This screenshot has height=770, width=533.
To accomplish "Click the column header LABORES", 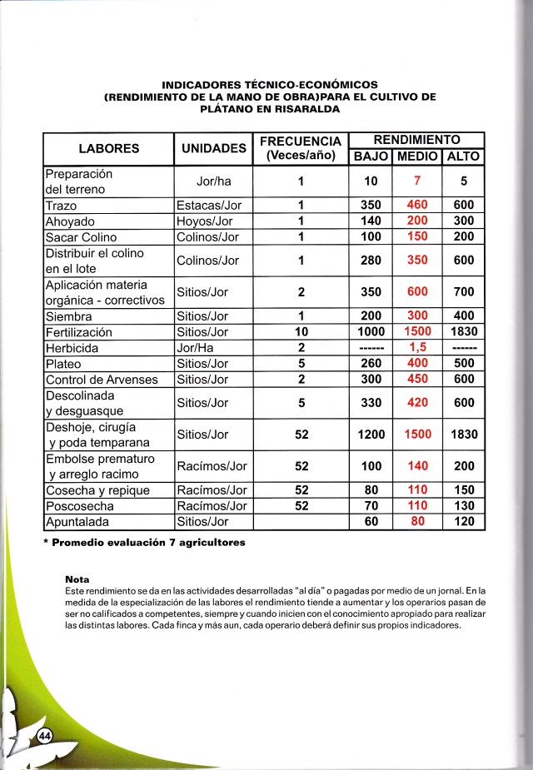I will (x=108, y=149).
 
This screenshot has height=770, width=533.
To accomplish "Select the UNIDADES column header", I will (x=213, y=149).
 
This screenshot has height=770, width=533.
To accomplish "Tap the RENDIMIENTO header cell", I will (x=416, y=140).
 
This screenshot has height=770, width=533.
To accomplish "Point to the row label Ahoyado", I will (x=70, y=221).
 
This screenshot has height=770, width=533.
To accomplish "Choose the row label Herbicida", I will (x=73, y=348).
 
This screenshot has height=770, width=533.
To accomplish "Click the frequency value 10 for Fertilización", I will (x=301, y=332).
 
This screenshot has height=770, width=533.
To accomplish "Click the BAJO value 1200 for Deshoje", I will (x=371, y=435).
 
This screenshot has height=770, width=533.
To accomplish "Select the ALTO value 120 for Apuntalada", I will (x=464, y=522).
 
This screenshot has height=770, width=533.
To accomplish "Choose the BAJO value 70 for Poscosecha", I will (x=371, y=506).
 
